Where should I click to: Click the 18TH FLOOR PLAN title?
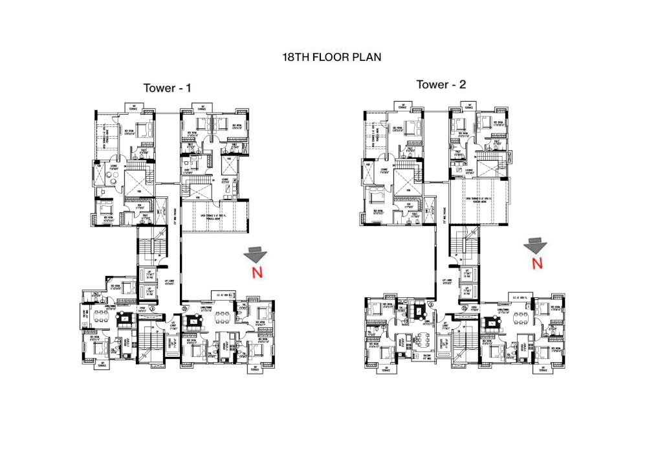point(331,57)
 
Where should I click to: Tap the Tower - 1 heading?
point(168,87)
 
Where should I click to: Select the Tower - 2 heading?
point(441,84)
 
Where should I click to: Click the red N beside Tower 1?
point(257,273)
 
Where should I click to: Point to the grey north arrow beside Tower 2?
point(536,244)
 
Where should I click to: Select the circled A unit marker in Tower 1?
point(151,310)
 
